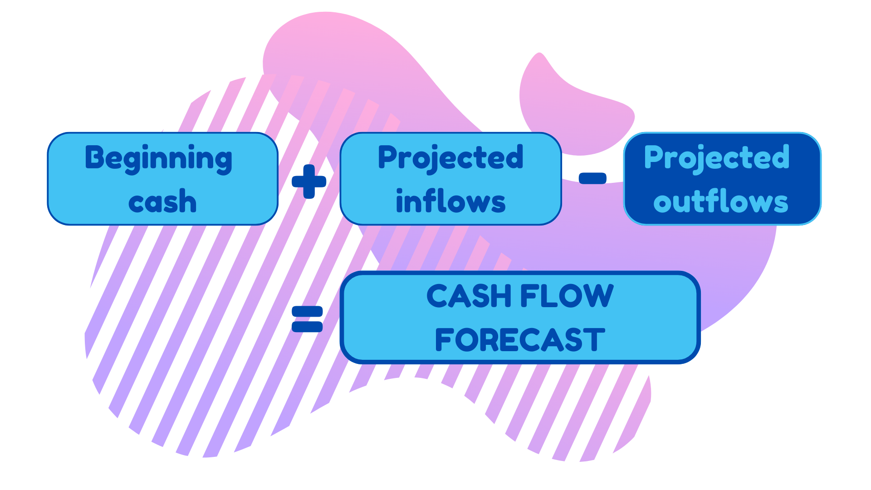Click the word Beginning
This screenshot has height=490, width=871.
point(159,159)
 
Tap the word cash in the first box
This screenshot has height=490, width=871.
point(162,201)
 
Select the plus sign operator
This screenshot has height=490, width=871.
point(309,181)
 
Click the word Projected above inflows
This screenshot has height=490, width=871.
point(450,158)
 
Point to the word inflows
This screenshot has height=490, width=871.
point(450,201)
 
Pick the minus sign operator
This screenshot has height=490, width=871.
point(592,178)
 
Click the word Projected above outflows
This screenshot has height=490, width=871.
point(717,158)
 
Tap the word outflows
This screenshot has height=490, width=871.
point(720,201)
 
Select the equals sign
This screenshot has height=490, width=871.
point(307,319)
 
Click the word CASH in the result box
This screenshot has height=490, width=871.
point(470,296)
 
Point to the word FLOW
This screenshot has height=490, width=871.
point(567,296)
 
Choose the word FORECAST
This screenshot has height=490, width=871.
point(520,340)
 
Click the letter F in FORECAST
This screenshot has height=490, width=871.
point(444,340)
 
